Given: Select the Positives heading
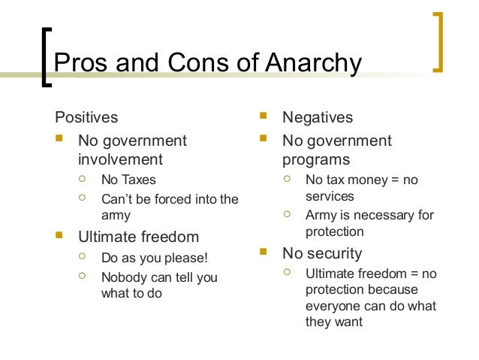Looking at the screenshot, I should (x=87, y=117).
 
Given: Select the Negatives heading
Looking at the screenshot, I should (x=318, y=118).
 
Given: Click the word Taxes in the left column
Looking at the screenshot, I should (x=140, y=180).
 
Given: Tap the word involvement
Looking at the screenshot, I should (x=120, y=159).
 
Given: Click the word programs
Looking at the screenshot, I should (x=316, y=160).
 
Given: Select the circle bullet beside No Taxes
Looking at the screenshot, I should (x=83, y=180).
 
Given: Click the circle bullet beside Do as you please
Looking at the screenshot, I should (x=83, y=258).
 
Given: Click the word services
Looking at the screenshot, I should (x=330, y=196).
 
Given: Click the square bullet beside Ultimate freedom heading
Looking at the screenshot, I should (x=60, y=237).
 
